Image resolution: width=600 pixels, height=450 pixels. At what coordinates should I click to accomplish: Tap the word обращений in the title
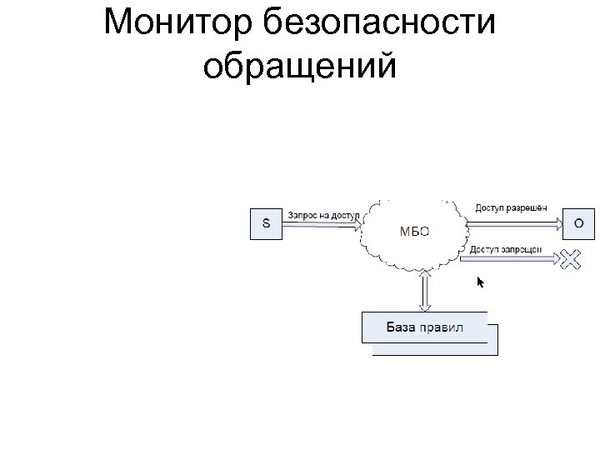299,66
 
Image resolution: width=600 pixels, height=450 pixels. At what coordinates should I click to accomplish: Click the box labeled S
267,223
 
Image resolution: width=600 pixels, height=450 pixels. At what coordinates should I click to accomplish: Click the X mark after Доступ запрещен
569,260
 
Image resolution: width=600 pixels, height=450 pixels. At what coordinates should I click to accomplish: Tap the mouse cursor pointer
480,282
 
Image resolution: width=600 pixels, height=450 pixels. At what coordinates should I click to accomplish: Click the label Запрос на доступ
323,215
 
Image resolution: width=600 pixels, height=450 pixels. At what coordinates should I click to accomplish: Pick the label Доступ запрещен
506,249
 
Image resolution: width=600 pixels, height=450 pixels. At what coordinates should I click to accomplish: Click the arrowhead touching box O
556,222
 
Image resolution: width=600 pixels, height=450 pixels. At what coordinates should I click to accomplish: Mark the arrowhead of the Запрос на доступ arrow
357,224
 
